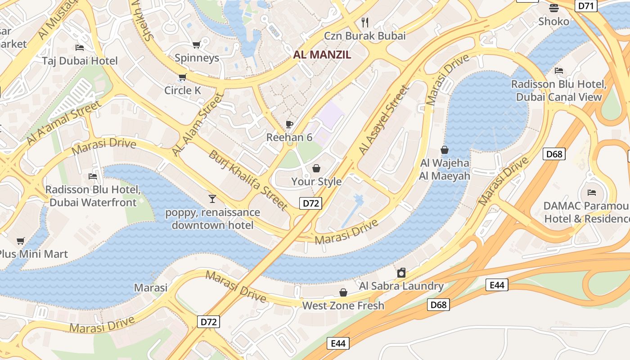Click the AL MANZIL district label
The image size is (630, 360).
tap(322, 55)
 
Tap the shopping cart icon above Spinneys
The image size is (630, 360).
tap(196, 45)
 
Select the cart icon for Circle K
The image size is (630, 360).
tap(182, 77)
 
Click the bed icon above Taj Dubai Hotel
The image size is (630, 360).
tap(80, 48)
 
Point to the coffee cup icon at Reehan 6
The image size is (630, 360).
tap(289, 124)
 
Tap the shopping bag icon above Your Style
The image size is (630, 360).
tap(316, 168)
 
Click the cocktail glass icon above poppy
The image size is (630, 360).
tap(212, 198)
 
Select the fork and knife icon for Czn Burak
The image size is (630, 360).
tap(365, 22)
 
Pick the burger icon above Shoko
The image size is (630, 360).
tap(553, 8)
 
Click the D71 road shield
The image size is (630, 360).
tap(586, 5)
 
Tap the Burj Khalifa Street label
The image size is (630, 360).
tap(247, 180)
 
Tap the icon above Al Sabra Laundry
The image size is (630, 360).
tap(401, 273)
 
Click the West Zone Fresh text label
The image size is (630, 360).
tap(343, 306)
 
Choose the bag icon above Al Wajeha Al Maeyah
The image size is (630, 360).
tap(445, 150)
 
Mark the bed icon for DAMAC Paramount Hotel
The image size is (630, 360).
tap(592, 193)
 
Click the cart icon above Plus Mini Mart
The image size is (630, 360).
tap(20, 241)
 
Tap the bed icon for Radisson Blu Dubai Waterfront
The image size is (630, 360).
tap(93, 176)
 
